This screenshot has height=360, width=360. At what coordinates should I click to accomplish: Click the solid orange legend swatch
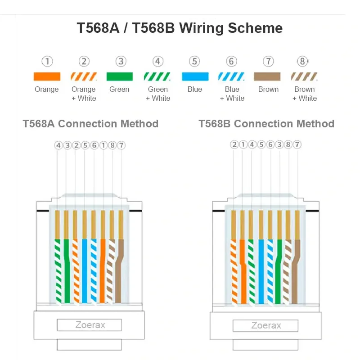(x=47, y=76)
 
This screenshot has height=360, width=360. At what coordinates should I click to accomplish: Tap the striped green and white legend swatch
(x=157, y=76)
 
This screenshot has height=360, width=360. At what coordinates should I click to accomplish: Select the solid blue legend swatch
(x=195, y=76)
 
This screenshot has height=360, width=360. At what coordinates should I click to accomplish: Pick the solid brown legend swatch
(x=267, y=76)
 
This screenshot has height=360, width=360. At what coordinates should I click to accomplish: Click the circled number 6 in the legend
(x=231, y=61)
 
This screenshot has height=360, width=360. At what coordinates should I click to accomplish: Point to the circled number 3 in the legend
(x=121, y=61)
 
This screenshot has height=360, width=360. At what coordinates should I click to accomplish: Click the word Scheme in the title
(x=255, y=28)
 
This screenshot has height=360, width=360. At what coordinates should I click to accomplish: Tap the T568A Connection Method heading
(x=90, y=124)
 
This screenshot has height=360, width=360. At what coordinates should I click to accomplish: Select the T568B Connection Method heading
(x=266, y=124)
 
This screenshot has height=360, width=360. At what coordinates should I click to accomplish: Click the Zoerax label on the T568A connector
(x=90, y=325)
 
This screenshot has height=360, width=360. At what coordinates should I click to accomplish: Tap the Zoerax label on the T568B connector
(x=266, y=325)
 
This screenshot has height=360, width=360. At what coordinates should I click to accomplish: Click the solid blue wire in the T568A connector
(x=85, y=271)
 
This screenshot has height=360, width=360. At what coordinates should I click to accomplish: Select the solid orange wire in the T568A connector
(x=103, y=271)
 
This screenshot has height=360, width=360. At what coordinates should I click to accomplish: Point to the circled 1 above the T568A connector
(x=103, y=145)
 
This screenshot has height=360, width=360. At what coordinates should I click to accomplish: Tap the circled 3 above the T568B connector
(x=279, y=144)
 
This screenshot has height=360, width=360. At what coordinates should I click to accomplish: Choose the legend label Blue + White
(x=232, y=94)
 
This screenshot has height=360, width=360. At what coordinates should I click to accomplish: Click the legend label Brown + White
(x=305, y=94)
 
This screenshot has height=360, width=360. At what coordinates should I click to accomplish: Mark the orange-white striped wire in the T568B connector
(x=234, y=272)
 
